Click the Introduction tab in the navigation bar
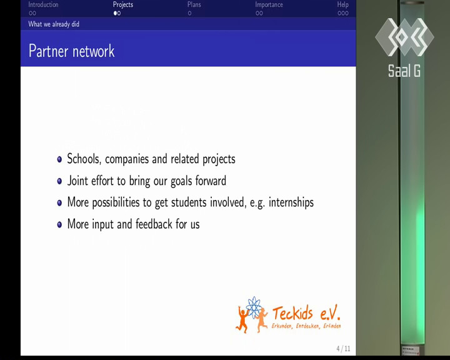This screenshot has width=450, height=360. click(x=43, y=4)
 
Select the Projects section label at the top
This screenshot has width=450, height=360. click(x=123, y=5)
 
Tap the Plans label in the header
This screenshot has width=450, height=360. click(x=194, y=4)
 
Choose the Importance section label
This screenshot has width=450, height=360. click(x=269, y=5)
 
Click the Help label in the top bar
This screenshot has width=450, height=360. click(x=343, y=5)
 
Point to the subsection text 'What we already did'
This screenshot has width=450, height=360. click(x=54, y=24)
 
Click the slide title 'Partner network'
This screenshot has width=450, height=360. click(x=71, y=51)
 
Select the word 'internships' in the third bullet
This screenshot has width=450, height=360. click(x=291, y=202)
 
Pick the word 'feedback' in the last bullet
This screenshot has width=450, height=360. click(x=154, y=224)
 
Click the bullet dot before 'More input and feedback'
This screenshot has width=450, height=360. click(x=59, y=224)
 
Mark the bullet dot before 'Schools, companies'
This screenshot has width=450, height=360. click(x=59, y=159)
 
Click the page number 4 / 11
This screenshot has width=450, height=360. click(x=343, y=349)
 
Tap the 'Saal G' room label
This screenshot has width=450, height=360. click(x=404, y=71)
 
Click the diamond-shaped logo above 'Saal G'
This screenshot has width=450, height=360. click(x=404, y=37)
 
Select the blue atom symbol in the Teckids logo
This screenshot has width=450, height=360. click(x=253, y=307)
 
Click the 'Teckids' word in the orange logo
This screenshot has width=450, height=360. click(x=292, y=313)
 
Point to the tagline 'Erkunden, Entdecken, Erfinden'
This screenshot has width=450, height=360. click(x=306, y=326)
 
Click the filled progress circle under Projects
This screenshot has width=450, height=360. click(x=115, y=13)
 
